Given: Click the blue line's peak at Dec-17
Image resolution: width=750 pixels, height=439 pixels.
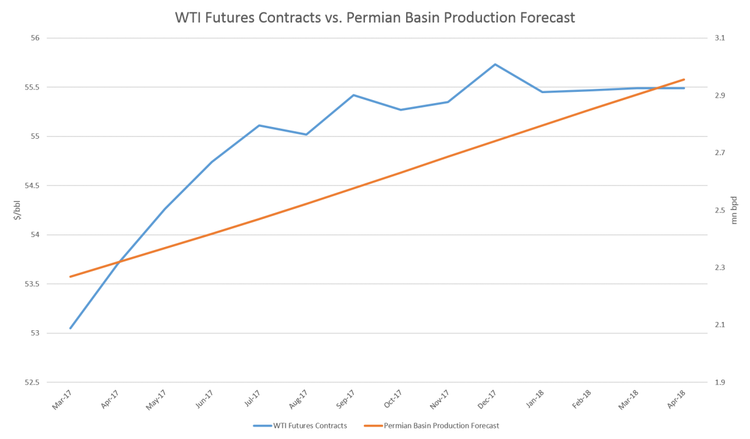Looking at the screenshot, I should click(495, 64).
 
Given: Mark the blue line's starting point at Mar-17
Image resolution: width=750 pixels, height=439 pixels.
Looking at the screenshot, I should click(70, 328).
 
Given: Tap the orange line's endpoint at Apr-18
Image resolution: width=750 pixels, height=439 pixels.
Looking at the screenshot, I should click(685, 79).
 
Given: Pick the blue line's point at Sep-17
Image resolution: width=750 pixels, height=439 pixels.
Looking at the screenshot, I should click(353, 95).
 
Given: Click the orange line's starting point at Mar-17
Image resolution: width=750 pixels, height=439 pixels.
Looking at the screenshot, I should click(70, 276).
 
